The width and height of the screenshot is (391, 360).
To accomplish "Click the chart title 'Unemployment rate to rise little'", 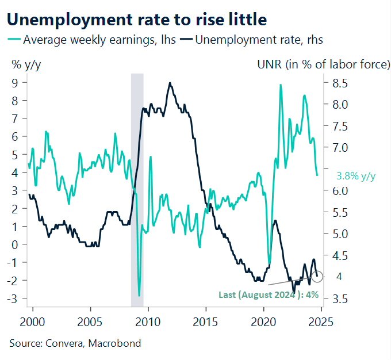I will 137,20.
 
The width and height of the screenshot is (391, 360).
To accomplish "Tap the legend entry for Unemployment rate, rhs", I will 253,40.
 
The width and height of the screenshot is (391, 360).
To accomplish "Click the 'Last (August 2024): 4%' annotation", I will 268,295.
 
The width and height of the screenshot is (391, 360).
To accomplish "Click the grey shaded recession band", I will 137,190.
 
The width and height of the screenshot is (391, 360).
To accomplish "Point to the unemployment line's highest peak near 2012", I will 170,83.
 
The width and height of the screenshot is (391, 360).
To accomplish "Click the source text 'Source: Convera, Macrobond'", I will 75,343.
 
